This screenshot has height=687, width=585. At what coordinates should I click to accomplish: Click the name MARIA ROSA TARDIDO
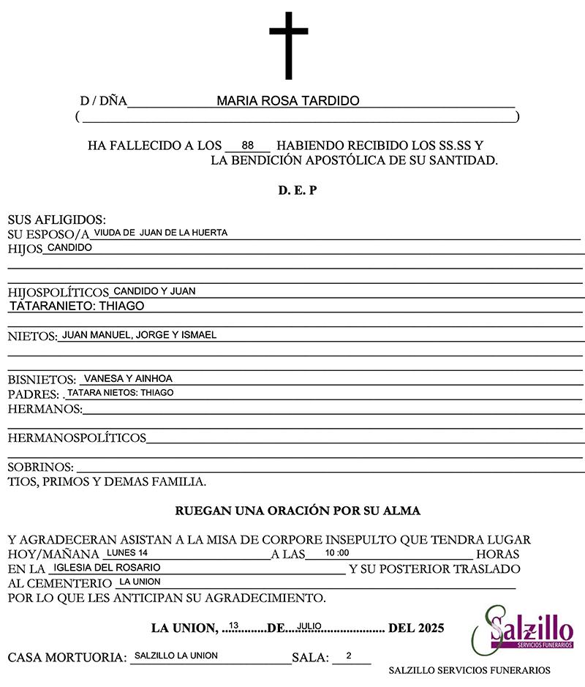[287, 101]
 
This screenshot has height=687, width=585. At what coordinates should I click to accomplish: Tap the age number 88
[247, 145]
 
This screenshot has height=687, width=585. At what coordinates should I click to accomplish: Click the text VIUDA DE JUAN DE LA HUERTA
[161, 233]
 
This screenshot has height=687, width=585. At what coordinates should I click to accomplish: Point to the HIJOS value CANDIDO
[69, 248]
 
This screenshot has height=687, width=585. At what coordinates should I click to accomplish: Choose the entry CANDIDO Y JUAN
[154, 291]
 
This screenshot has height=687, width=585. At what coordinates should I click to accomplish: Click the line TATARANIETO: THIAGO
[77, 306]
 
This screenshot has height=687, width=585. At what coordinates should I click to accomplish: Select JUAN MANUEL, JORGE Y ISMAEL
[139, 335]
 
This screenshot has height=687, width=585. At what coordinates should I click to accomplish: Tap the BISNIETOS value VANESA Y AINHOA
[128, 379]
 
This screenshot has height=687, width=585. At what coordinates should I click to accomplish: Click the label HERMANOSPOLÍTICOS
[77, 438]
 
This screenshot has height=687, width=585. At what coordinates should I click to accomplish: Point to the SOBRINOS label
[40, 467]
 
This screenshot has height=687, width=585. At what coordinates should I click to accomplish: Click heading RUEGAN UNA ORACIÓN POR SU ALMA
[298, 510]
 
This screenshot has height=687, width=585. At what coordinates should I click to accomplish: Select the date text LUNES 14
[127, 552]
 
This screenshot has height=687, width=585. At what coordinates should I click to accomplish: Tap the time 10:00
[337, 553]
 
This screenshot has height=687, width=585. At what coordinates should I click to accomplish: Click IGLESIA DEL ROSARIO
[107, 567]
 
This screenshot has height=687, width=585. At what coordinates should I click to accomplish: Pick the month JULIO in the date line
[310, 626]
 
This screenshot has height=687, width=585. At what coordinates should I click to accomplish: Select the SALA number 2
[349, 656]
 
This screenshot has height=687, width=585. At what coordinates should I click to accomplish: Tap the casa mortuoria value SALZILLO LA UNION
[175, 656]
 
